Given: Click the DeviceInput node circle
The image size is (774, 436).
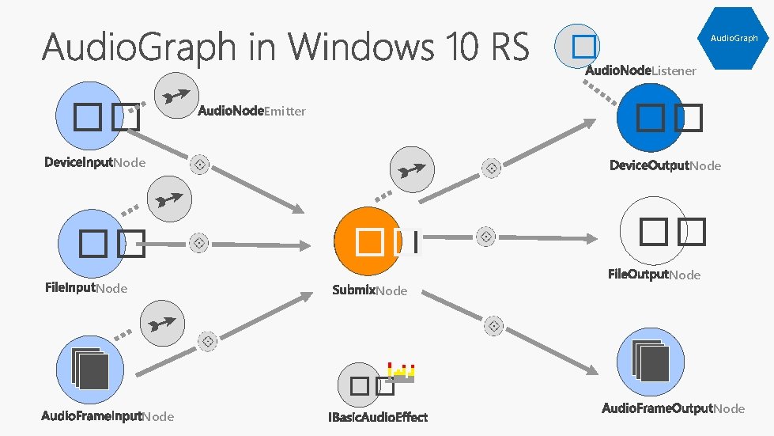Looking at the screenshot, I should [x=91, y=119].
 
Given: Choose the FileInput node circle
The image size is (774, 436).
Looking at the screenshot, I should [x=93, y=244].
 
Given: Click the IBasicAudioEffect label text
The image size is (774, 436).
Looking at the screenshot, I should [x=378, y=417].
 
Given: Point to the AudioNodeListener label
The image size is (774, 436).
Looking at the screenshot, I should [x=640, y=71].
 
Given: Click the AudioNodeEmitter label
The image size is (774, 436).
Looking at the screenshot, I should [x=251, y=111].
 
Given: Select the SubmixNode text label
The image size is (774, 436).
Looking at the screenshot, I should [x=370, y=290].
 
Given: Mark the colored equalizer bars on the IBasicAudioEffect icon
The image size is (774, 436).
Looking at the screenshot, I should [x=402, y=370].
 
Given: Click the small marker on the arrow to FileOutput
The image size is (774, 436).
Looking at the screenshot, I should [x=486, y=236].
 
